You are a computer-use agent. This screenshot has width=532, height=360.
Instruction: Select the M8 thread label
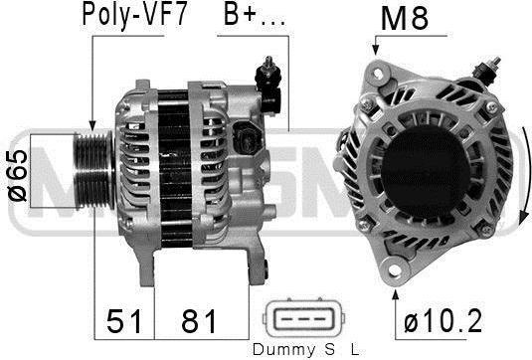click(405, 18)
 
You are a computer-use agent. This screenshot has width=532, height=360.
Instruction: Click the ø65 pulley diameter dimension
click(17, 175)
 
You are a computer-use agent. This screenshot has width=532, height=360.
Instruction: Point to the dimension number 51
click(124, 321)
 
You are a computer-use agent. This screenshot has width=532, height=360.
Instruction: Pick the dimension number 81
click(199, 321)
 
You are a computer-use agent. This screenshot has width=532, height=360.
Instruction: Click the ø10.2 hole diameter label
click(443, 321)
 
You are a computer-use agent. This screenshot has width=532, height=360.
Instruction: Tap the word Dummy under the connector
click(283, 349)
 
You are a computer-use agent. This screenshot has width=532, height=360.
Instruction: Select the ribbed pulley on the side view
click(94, 171)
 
